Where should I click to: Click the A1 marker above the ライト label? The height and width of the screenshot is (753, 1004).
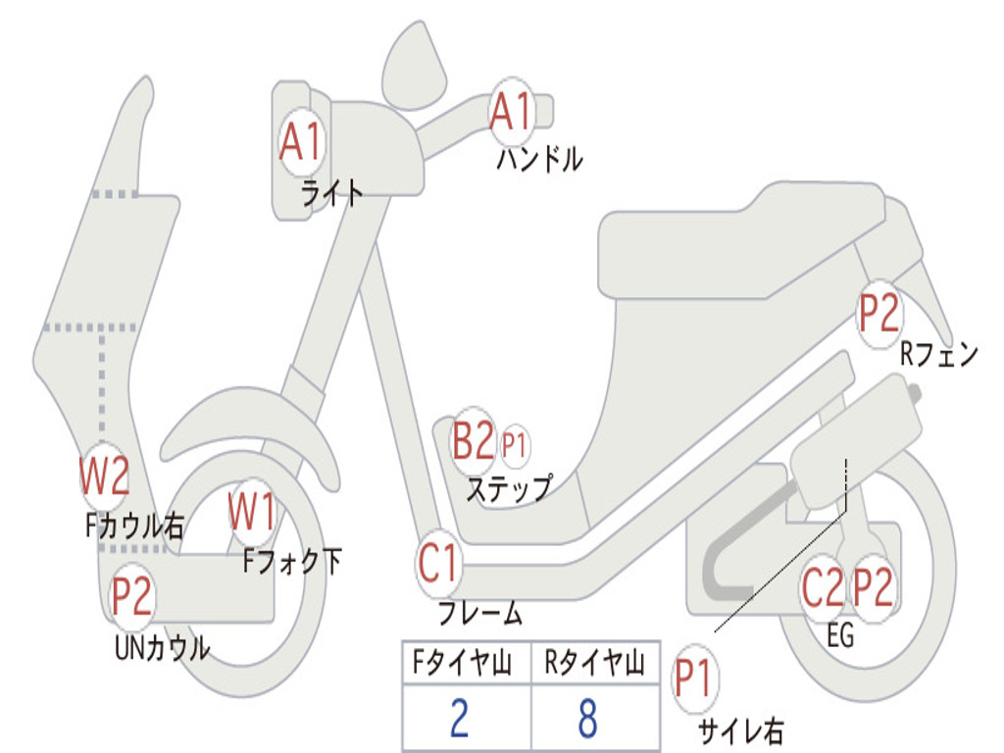coord(300,142)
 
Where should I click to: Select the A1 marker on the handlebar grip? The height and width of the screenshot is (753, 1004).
coord(512,111)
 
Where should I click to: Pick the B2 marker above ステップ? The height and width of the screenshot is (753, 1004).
coord(473,441)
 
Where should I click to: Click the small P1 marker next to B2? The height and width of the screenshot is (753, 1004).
coord(515,445)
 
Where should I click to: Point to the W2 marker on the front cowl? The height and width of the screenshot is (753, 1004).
coord(104,477)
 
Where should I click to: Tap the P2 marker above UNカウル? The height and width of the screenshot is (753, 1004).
coord(131,596)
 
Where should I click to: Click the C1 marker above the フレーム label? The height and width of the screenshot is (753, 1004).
coord(438,565)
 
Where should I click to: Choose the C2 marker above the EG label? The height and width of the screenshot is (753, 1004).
coord(823,588)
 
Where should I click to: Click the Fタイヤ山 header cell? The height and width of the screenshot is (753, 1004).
coord(466,664)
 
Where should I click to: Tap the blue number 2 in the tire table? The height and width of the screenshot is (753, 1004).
coord(459,719)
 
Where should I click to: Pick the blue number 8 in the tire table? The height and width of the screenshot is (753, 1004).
coord(587,719)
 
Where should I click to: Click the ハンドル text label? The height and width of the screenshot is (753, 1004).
coord(539,158)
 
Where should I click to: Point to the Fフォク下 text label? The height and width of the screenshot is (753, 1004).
coord(292,561)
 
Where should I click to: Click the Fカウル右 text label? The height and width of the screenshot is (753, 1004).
coord(134,527)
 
